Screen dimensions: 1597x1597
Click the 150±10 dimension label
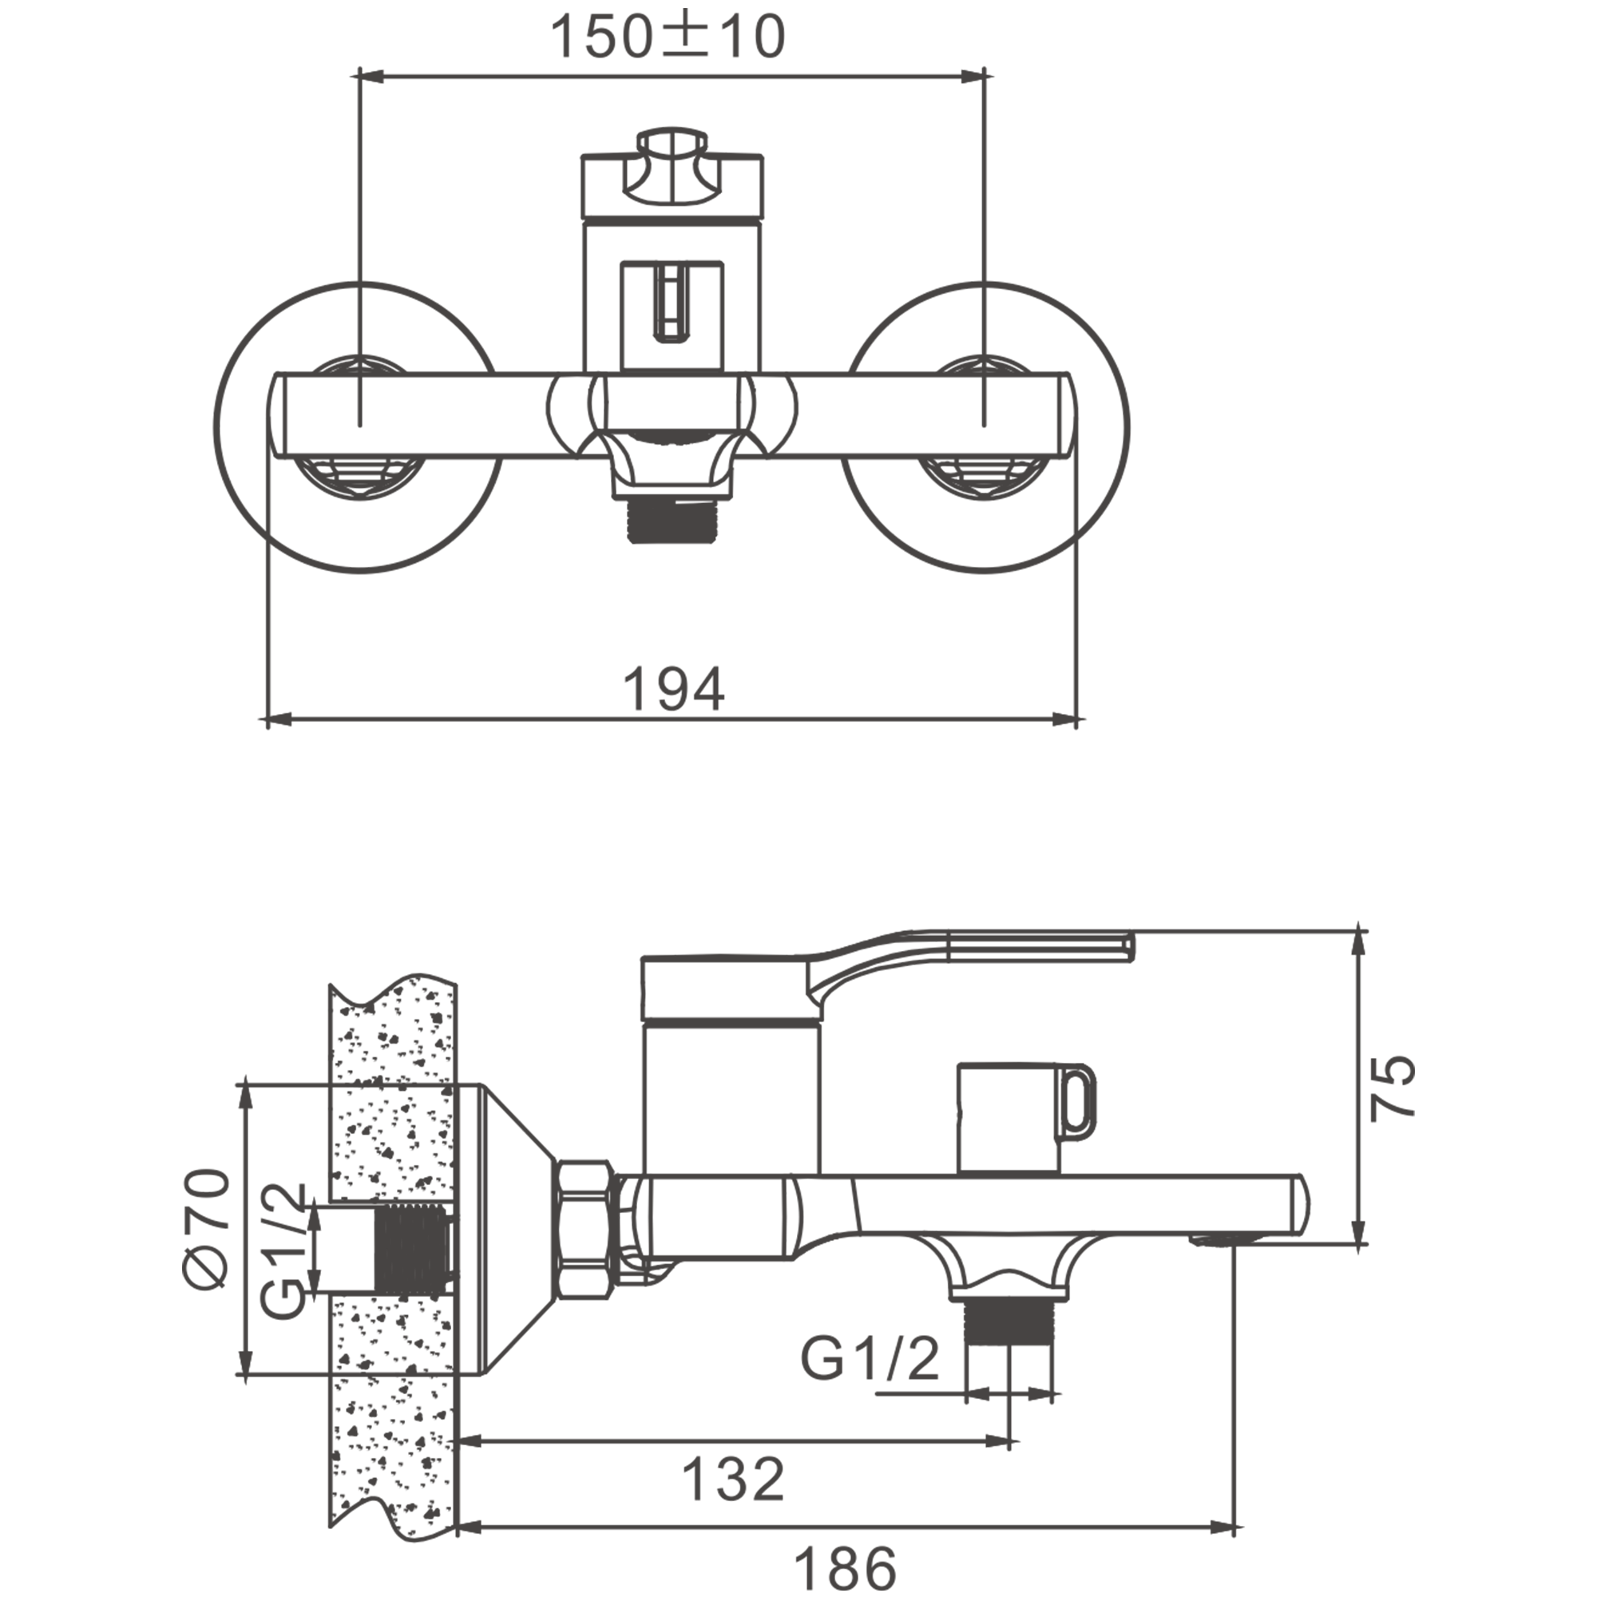(667, 38)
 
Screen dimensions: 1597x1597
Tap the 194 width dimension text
(674, 689)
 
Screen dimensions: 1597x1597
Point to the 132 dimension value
(733, 1480)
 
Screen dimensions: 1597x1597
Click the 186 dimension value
(846, 1566)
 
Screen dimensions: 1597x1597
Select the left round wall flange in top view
(358, 427)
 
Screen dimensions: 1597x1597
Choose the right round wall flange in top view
(985, 427)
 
